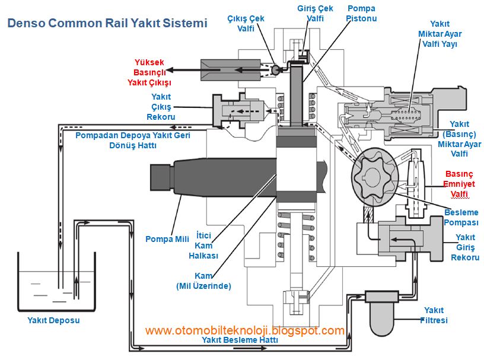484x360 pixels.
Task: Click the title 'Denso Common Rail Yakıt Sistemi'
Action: tap(107, 24)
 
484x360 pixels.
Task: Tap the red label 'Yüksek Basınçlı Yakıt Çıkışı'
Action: tap(149, 72)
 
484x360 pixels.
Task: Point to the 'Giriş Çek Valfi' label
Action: tap(315, 14)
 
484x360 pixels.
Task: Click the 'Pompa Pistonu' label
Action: tap(361, 14)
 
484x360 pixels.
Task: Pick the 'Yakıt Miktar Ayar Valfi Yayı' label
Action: tap(439, 33)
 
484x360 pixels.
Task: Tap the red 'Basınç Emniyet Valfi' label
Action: tap(459, 184)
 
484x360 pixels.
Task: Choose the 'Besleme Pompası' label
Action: tap(461, 217)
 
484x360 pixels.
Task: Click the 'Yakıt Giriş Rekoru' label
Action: tap(465, 247)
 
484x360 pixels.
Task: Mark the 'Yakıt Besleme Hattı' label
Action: tap(240, 340)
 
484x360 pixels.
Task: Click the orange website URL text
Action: tap(245, 330)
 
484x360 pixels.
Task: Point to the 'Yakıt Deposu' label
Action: tap(53, 320)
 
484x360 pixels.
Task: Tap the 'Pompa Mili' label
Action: tap(167, 239)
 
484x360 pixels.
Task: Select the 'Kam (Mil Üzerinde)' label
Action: tap(203, 281)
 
